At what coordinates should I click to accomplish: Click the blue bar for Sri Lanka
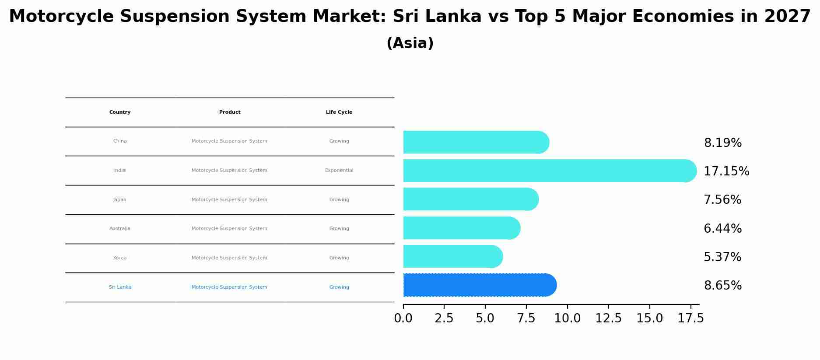point(479,285)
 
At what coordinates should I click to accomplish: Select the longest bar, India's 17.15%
point(549,171)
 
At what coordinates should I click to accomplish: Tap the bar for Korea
point(452,256)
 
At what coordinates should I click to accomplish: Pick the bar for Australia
point(461,228)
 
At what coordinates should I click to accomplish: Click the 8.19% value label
point(722,143)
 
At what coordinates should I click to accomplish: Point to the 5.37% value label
point(722,257)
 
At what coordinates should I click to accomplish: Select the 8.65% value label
point(722,286)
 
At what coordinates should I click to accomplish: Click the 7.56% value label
point(722,200)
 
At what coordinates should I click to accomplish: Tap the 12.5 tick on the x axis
point(608,318)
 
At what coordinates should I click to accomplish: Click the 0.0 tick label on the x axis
point(403,318)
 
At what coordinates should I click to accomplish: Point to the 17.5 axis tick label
point(690,318)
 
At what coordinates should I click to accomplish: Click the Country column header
point(120,112)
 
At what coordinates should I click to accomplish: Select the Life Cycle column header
point(339,112)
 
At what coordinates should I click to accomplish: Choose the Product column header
point(230,112)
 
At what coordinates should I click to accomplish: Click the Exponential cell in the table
point(339,171)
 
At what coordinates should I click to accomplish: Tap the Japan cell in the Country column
point(120,200)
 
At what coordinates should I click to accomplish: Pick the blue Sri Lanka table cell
point(120,287)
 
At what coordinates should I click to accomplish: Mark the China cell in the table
point(120,141)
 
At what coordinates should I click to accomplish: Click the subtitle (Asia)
point(410,43)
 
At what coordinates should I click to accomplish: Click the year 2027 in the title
point(787,17)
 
